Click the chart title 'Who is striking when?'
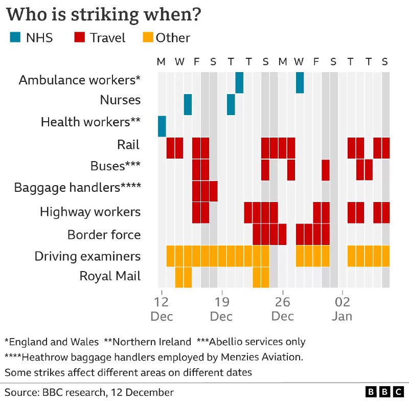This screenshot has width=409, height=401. pos(103,14)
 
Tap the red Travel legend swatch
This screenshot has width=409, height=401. pos(79,37)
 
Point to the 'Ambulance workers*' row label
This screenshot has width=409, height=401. pos(79,80)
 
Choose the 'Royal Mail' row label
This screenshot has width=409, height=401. pos(109,277)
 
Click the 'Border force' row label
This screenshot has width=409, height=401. pos(104,235)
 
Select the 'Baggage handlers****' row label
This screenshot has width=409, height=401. pos(77,187)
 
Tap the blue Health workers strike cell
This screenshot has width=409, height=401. pos(162,126)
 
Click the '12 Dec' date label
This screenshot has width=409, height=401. pos(162,307)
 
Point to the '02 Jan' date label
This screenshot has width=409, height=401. pos(342,307)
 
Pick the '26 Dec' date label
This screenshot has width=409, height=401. pos(282,307)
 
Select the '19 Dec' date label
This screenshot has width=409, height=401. pos(221,307)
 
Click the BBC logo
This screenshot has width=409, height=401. pos(384,392)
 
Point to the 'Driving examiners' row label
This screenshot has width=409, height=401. pos(87,256)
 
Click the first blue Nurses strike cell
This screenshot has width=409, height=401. pos(188,104)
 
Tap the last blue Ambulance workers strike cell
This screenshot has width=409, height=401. pos(300,83)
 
